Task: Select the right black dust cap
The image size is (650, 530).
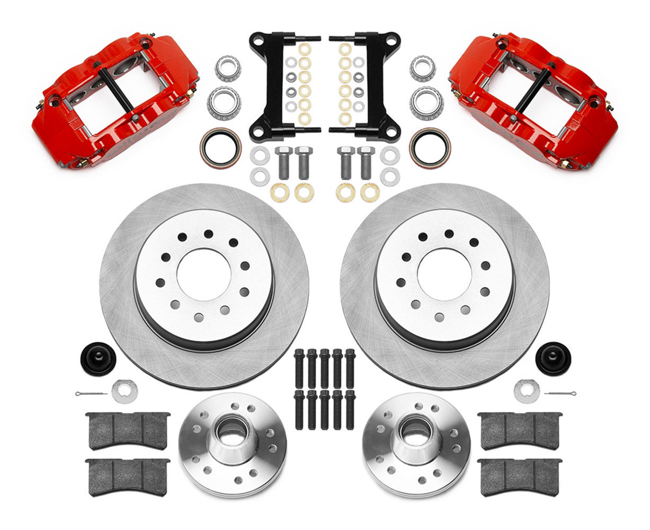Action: pyautogui.click(x=553, y=358)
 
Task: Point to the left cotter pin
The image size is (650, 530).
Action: pyautogui.click(x=91, y=394)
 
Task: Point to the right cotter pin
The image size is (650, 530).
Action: pyautogui.click(x=560, y=394)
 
